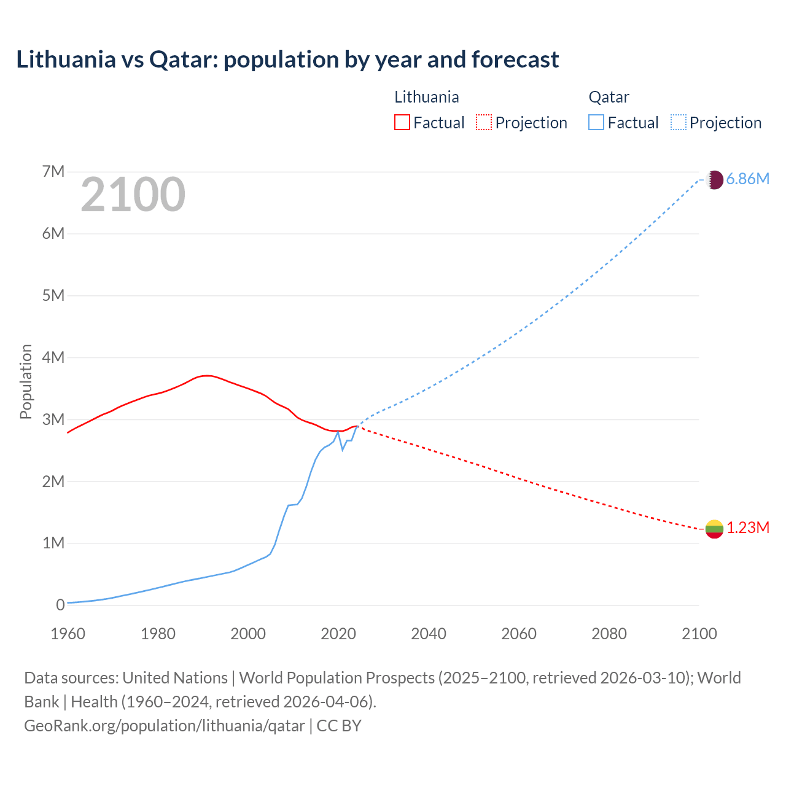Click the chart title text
[x=287, y=60]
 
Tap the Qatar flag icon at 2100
[x=715, y=179]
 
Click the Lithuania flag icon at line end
[x=714, y=529]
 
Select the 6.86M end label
[x=747, y=179]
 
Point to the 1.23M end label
[x=748, y=528]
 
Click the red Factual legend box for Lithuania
[x=402, y=122]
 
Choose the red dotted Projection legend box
[x=484, y=122]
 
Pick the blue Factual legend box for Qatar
[x=596, y=122]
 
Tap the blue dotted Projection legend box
[x=678, y=122]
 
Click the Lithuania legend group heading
[x=426, y=97]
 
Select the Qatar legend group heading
[x=609, y=97]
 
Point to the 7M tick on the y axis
[x=53, y=171]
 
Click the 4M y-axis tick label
[x=53, y=357]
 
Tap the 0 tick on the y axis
[x=60, y=605]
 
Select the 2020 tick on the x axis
[x=338, y=634]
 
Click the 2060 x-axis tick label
[x=519, y=634]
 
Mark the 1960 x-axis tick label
[x=68, y=634]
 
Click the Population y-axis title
[x=26, y=381]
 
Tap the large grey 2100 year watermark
[x=133, y=195]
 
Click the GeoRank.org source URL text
[x=165, y=726]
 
